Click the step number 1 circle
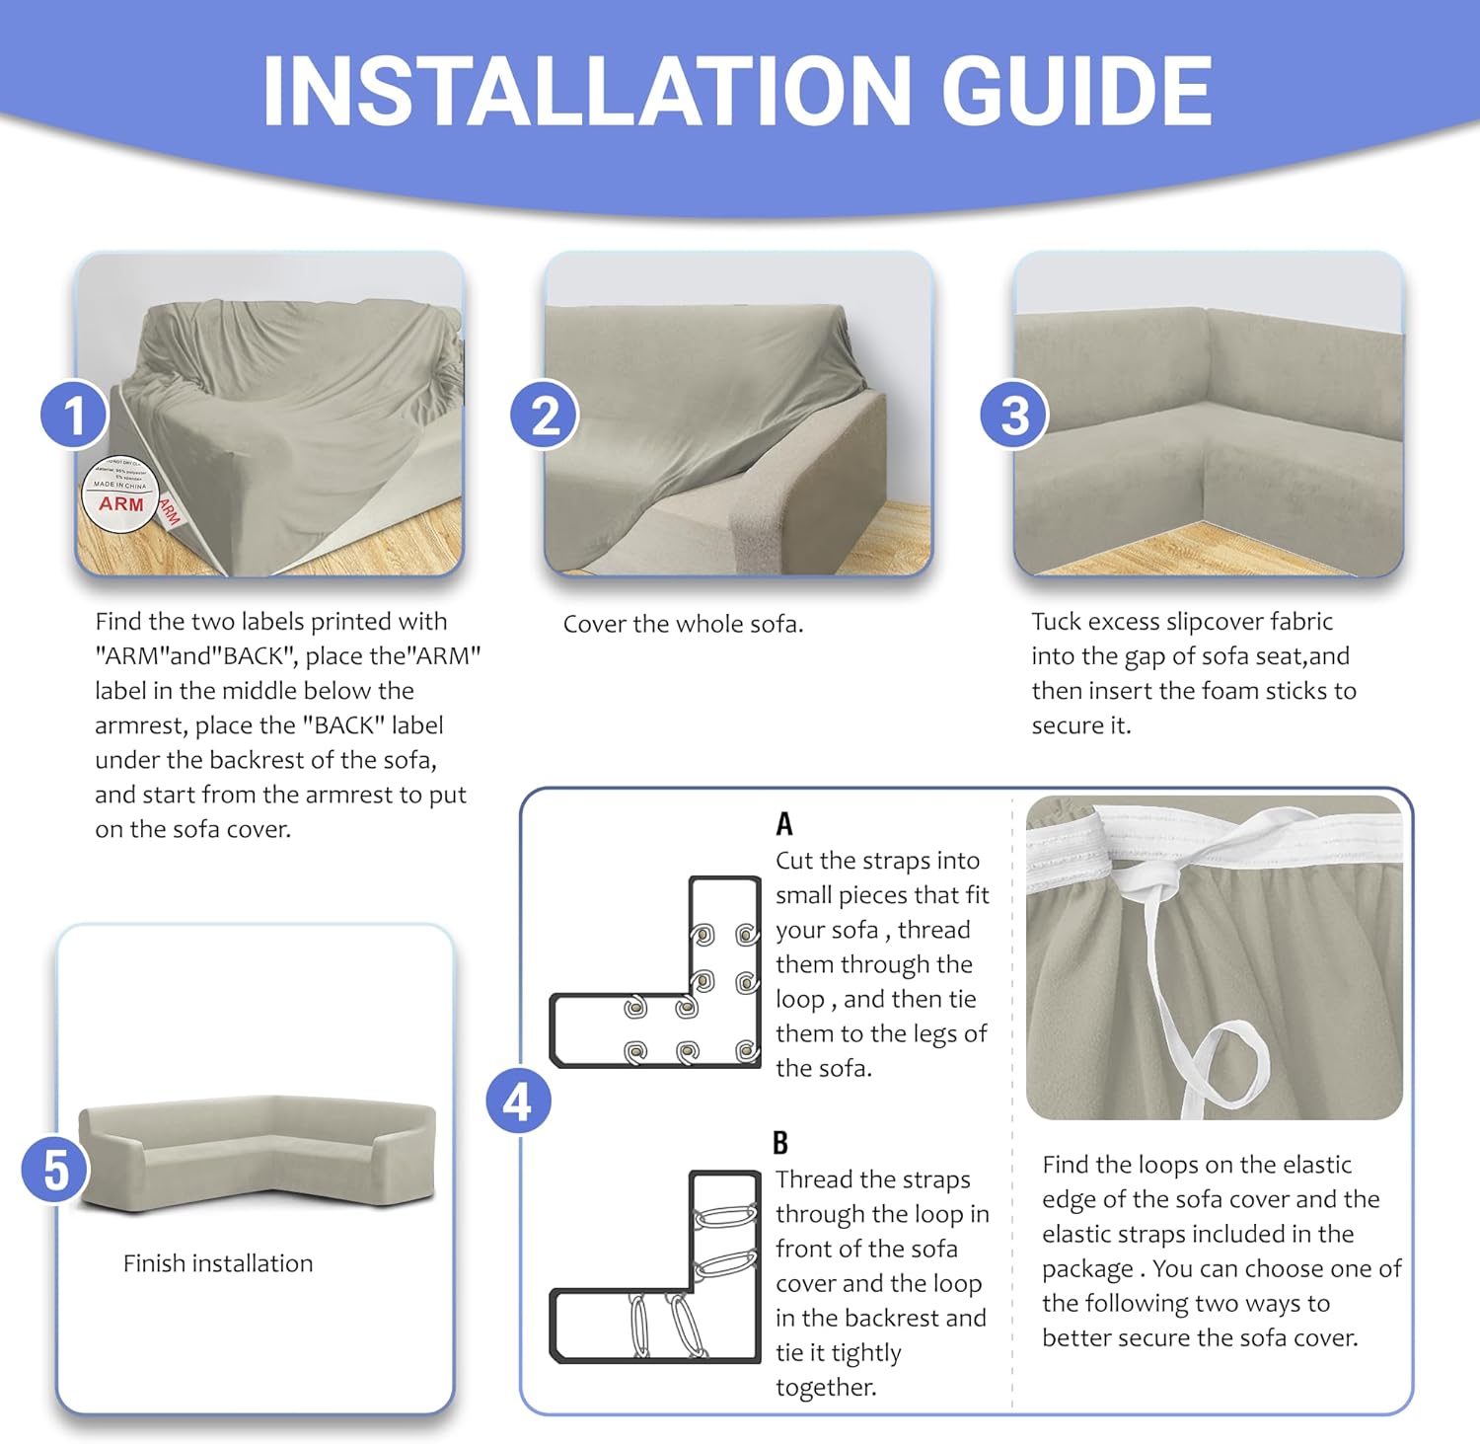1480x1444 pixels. coord(74,415)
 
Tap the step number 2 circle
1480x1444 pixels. coord(545,415)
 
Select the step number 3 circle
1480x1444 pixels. coord(1014,415)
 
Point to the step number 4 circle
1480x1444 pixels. coord(518,1101)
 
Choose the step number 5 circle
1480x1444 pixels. coord(56,1170)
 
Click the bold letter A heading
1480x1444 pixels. coord(784,823)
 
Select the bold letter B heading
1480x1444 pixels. coord(780,1143)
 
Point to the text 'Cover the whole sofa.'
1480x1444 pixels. coord(683,624)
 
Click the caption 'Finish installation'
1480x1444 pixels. coord(218,1263)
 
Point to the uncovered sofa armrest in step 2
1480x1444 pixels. coord(809,484)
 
